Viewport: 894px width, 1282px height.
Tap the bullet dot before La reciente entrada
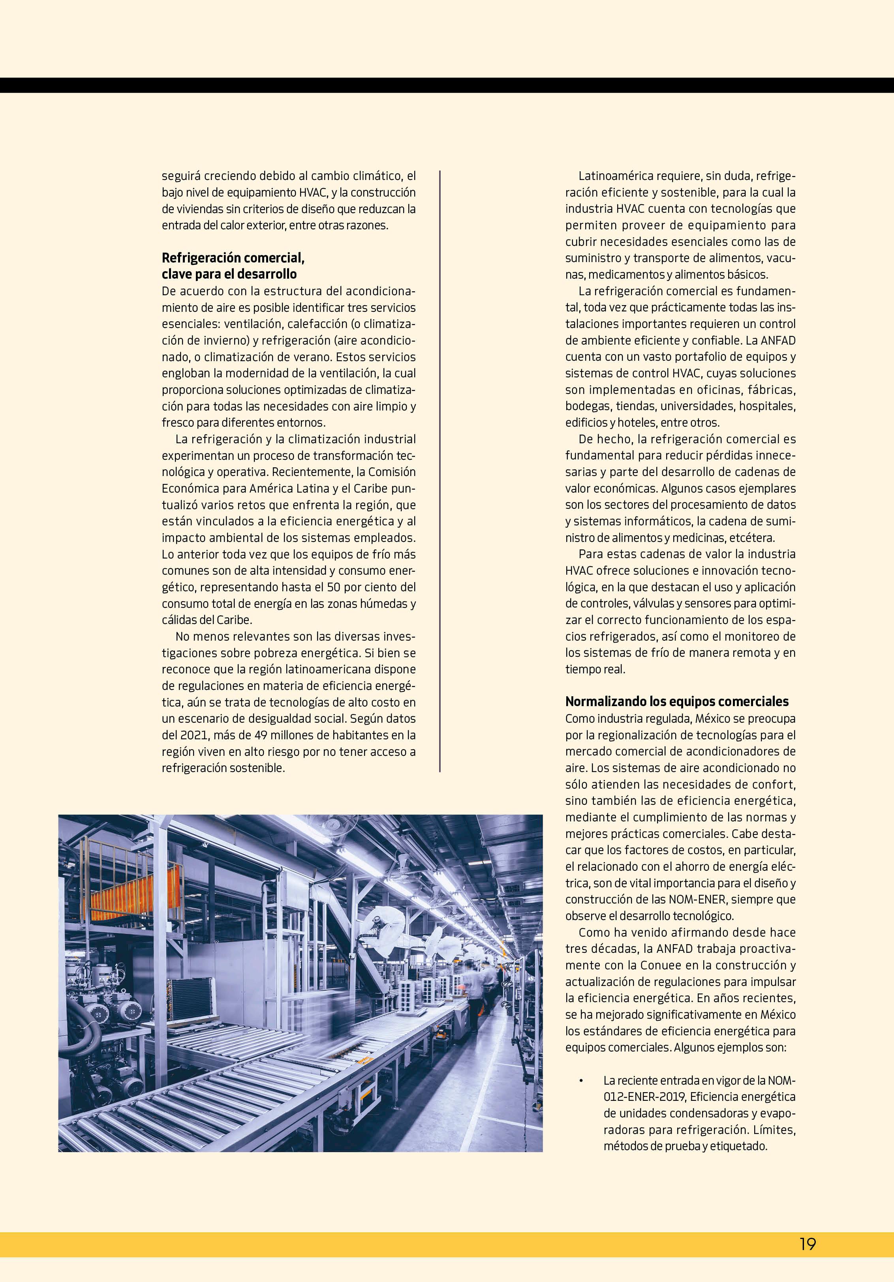582,1081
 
